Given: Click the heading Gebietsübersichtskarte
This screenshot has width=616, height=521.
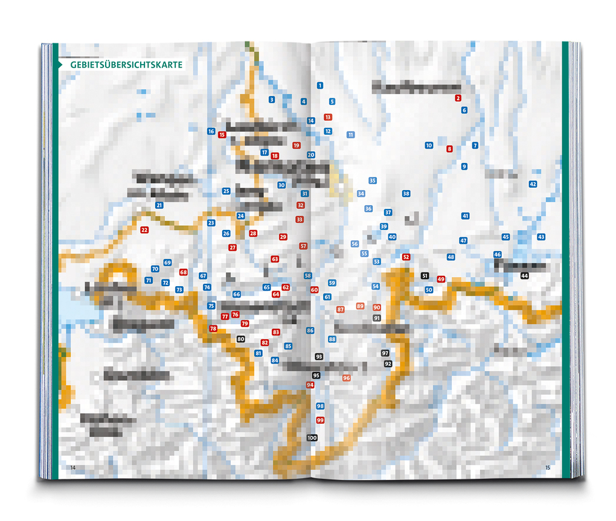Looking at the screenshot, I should coord(126,65).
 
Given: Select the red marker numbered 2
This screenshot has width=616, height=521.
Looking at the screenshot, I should coord(458,98).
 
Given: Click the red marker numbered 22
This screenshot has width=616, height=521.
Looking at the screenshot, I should coord(144,230).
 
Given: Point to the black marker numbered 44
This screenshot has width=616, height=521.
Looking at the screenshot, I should coord(524,276).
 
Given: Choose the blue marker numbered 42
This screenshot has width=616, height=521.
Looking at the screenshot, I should coord(533,184).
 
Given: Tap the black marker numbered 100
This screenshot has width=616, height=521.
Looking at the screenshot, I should coord(312,438).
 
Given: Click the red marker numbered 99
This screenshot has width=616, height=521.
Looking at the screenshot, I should coord(320,420).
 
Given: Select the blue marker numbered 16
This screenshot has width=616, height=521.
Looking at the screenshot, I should coord(211,131).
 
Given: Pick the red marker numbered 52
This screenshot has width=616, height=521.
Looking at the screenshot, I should coord(406,257).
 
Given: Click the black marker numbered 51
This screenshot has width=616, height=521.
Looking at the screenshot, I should coord(425,276).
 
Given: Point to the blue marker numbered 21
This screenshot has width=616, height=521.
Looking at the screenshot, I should coord(159,205).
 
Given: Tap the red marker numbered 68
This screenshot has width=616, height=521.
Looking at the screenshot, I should coord(184,272).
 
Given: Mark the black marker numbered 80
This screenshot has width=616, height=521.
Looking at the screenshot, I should coord(241,339).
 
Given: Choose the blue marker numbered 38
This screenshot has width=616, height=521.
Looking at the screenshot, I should coord(406,194).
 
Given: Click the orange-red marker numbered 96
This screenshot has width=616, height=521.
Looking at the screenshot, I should coord(347,378).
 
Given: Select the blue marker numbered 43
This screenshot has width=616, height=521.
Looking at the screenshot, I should coord(541,237).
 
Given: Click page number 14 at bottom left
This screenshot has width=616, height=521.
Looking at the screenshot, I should coord(73,467).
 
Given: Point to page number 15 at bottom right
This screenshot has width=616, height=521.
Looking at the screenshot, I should coord(548,467).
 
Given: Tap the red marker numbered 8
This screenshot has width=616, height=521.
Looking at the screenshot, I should coord(449,149).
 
